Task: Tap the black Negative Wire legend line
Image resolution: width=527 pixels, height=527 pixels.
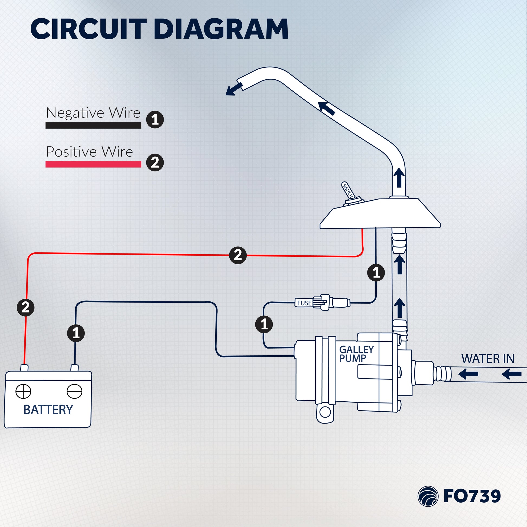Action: tap(93, 125)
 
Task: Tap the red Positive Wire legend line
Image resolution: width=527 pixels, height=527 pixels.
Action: tap(93, 164)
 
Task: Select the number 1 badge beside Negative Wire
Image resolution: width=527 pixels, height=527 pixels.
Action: tap(155, 119)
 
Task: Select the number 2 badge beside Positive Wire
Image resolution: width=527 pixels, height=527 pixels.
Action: tap(155, 162)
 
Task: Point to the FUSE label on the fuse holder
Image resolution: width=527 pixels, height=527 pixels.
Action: tap(304, 303)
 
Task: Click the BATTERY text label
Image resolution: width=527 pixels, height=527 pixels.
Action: tap(48, 410)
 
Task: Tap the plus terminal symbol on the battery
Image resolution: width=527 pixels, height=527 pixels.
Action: tap(23, 391)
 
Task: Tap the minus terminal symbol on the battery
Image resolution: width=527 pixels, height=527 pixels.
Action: tap(74, 391)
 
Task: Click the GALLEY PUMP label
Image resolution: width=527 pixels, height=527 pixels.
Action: tap(356, 354)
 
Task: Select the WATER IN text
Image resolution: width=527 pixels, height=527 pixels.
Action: tap(488, 359)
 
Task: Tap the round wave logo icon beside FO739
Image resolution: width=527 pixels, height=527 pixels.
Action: tap(428, 496)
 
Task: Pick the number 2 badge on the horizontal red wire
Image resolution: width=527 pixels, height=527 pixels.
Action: tap(238, 255)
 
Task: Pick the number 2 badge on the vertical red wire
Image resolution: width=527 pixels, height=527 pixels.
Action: tap(26, 307)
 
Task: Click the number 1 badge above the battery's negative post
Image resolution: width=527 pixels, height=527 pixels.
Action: tap(76, 333)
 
